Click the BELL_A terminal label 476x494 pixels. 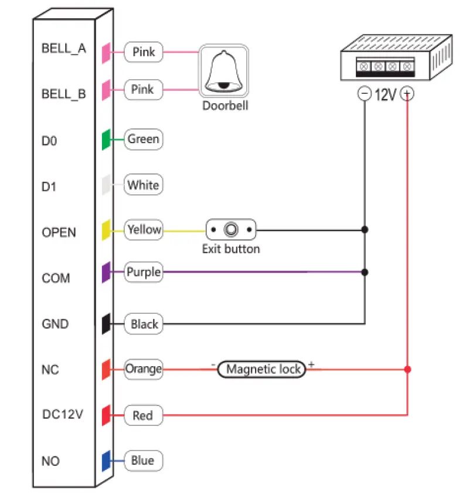pos(63,49)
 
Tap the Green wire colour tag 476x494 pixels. pos(144,139)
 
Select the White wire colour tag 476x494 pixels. pos(144,185)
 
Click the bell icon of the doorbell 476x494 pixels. pos(224,71)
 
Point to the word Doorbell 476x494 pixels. pos(225,106)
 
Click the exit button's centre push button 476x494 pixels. pos(231,229)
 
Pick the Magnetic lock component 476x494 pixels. pos(262,369)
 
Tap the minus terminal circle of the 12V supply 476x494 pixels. pos(365,94)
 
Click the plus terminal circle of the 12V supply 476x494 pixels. pos(407,94)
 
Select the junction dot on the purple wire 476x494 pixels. pos(365,272)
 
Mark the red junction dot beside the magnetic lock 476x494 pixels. pos(407,369)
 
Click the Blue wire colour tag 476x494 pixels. pos(144,461)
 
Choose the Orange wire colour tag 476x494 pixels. pos(144,369)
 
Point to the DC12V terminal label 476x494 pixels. pos(63,414)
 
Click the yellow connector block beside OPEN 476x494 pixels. pos(107,229)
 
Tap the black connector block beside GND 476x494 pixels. pos(107,323)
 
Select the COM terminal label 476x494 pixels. pos(56,278)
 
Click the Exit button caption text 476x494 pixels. pos(231,249)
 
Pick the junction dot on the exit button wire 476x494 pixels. pos(365,229)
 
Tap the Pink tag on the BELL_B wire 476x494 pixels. pos(144,90)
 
